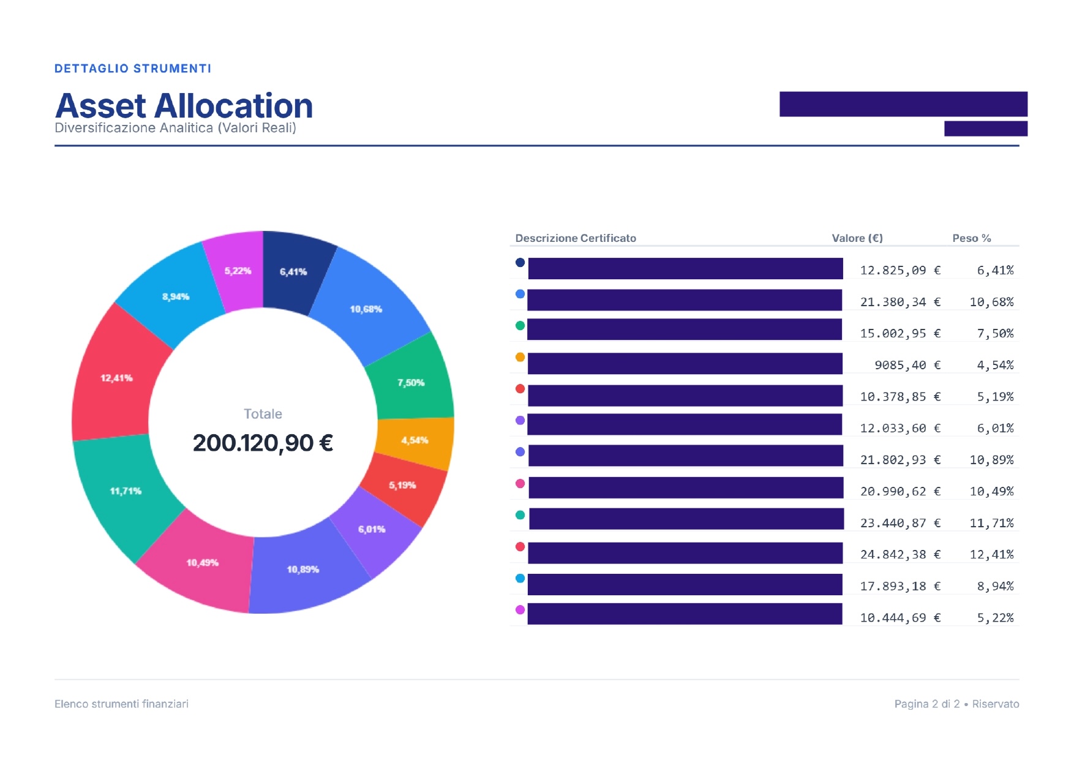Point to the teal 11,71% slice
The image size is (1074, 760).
tap(125, 490)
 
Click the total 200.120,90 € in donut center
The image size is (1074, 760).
tap(263, 443)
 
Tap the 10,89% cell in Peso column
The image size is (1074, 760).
tap(991, 460)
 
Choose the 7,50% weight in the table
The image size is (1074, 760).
tap(995, 334)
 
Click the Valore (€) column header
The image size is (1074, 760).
tap(857, 238)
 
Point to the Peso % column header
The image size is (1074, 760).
tap(971, 238)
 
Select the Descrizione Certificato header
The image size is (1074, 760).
tap(576, 238)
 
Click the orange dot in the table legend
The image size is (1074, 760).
tap(520, 357)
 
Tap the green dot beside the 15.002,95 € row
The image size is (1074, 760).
tap(520, 326)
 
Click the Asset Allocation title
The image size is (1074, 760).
tap(184, 106)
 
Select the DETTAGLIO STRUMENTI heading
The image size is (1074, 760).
tap(133, 69)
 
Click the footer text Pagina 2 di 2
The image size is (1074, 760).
tap(926, 704)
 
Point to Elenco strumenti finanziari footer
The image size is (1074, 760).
tap(121, 704)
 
